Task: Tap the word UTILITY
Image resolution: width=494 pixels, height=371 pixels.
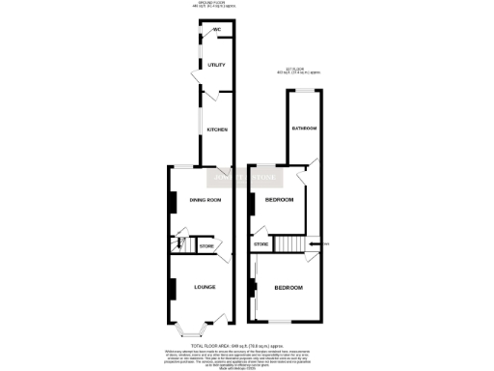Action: (x=216, y=65)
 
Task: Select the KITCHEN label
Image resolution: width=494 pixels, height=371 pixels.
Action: (x=217, y=129)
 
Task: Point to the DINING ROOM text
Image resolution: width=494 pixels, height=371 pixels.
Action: (x=206, y=200)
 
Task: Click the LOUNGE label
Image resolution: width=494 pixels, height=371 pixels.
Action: (x=204, y=287)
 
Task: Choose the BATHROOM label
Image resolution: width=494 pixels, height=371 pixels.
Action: (x=304, y=128)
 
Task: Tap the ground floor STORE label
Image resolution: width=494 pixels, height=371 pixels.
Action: (x=206, y=246)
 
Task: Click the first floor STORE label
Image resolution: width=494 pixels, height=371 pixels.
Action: (x=261, y=246)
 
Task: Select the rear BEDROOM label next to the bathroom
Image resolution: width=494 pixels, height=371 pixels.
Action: (x=278, y=200)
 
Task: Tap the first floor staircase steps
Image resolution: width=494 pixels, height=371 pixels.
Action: (x=288, y=243)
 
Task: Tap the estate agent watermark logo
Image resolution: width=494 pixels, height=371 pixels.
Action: (x=247, y=178)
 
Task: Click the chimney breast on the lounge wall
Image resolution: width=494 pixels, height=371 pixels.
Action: (x=174, y=288)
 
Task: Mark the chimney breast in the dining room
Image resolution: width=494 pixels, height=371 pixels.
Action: (x=174, y=202)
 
